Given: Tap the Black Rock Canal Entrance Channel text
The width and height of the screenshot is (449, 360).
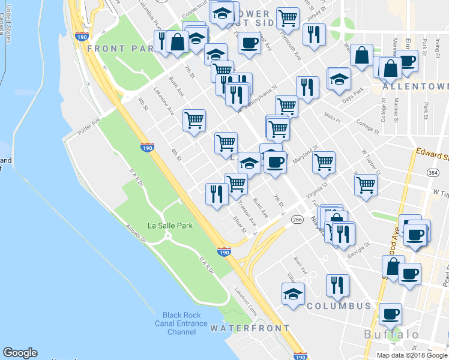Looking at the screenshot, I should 187,323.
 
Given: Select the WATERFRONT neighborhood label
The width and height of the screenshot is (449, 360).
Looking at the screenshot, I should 250,328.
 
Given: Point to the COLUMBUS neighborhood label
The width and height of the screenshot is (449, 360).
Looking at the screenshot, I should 339,306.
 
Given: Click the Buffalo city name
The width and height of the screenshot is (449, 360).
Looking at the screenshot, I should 391,334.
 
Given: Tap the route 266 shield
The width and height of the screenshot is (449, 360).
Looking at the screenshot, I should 297,220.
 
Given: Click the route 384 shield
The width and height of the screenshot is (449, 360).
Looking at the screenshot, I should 432,173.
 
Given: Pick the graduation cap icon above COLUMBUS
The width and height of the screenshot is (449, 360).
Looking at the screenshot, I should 293,293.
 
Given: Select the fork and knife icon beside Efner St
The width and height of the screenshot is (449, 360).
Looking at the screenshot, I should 215,193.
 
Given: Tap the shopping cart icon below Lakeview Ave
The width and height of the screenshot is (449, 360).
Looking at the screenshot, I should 194,120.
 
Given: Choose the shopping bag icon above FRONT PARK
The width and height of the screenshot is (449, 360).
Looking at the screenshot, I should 178,41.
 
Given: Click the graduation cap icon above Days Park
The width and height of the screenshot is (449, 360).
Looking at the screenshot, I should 339,78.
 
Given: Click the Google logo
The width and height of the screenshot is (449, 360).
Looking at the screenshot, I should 20,353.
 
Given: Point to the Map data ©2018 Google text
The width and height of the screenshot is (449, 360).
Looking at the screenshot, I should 412,355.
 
